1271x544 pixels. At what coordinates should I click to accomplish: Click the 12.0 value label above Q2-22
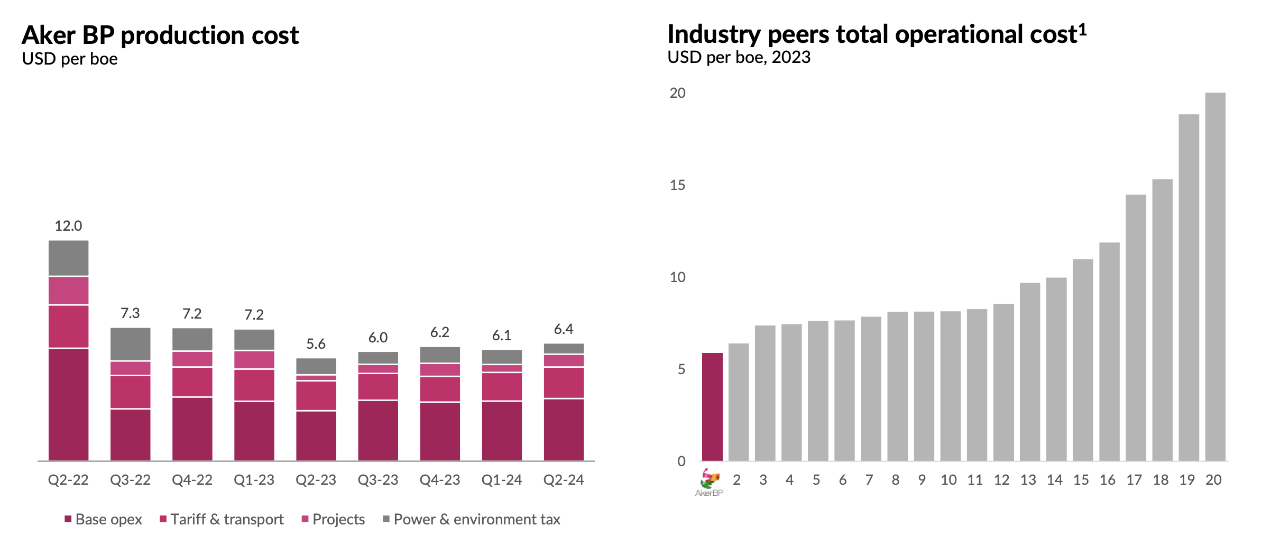point(68,226)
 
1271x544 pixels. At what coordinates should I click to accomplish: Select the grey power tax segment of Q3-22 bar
point(130,344)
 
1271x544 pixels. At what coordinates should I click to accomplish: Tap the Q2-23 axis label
point(316,480)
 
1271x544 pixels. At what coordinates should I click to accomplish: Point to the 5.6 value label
point(316,344)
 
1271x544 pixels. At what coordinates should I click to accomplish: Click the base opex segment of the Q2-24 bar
point(564,430)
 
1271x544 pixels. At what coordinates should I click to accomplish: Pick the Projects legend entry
point(333,519)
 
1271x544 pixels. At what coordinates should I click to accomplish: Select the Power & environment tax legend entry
point(471,519)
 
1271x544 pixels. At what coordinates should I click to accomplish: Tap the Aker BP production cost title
point(160,35)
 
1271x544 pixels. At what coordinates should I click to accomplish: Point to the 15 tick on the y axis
point(677,185)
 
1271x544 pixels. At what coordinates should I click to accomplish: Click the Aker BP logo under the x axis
point(709,482)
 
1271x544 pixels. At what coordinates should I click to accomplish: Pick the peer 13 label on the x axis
point(1028,480)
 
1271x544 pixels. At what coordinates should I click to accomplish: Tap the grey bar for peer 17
point(1136,328)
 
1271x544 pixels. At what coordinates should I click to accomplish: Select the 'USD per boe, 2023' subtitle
point(739,57)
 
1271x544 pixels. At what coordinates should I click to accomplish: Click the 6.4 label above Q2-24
point(564,329)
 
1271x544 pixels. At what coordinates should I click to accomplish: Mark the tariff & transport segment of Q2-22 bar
point(68,326)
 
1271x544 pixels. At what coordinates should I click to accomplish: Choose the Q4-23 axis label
point(439,480)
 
